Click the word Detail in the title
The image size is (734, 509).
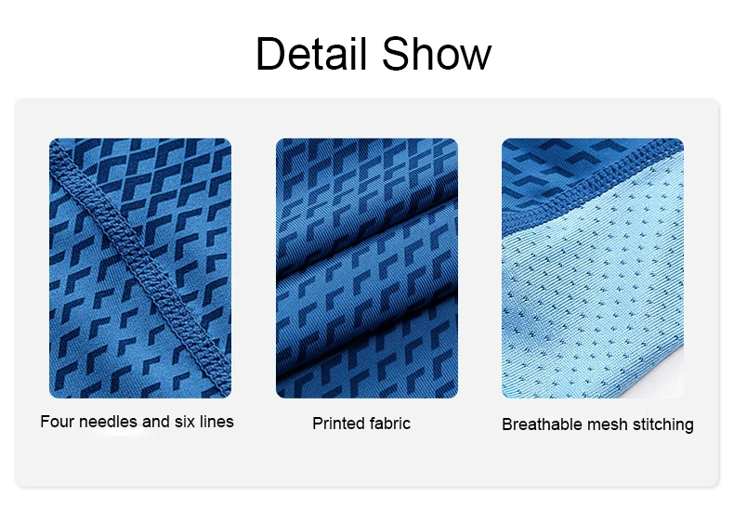[x=311, y=53]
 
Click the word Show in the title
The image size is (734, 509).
[x=437, y=53]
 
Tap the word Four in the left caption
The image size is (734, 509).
[x=57, y=422]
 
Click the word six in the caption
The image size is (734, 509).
[x=185, y=422]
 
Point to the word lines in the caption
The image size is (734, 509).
[x=216, y=422]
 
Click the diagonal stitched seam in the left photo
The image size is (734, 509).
[x=140, y=268]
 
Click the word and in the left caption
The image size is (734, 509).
[x=156, y=422]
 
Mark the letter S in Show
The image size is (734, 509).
[x=396, y=53]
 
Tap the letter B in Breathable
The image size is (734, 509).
[x=506, y=424]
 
